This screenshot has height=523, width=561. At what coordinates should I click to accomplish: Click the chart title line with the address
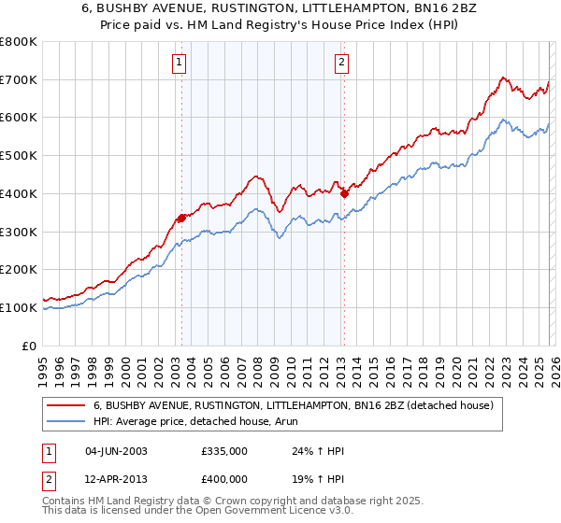pyautogui.click(x=280, y=9)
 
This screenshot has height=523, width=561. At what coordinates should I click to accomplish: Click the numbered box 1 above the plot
pyautogui.click(x=179, y=63)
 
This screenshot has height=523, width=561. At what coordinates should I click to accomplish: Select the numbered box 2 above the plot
pyautogui.click(x=341, y=63)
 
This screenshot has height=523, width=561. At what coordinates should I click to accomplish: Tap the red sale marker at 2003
pyautogui.click(x=181, y=218)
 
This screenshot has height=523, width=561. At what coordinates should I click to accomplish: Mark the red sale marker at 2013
pyautogui.click(x=344, y=193)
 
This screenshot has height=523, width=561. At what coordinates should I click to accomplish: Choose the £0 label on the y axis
pyautogui.click(x=28, y=346)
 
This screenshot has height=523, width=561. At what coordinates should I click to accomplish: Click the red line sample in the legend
pyautogui.click(x=66, y=405)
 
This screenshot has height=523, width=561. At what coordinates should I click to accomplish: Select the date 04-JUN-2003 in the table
pyautogui.click(x=116, y=451)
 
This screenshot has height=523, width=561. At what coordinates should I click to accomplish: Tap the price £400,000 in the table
pyautogui.click(x=224, y=479)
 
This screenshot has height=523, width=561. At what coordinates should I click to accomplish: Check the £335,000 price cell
pyautogui.click(x=224, y=451)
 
